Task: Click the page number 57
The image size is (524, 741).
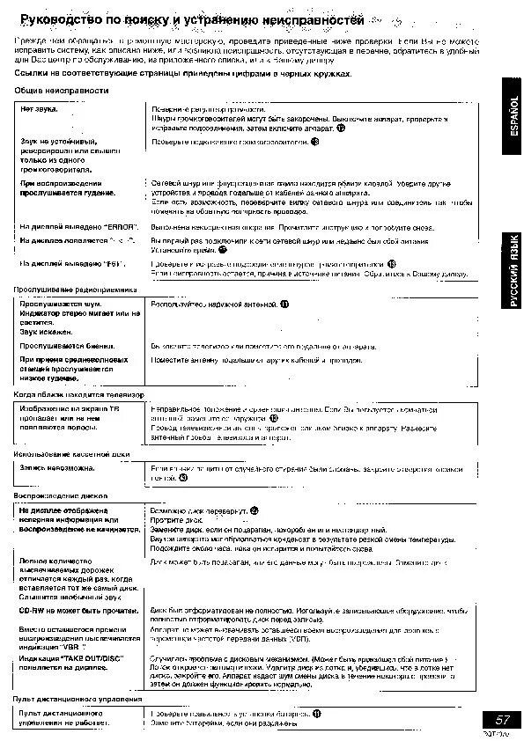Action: (502, 720)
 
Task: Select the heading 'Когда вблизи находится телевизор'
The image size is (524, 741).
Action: (79, 395)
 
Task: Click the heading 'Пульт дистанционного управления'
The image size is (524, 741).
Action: (72, 699)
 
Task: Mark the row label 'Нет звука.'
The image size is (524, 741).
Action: (39, 108)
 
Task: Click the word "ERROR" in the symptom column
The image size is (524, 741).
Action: (121, 227)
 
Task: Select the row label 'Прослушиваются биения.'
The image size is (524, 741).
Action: (62, 346)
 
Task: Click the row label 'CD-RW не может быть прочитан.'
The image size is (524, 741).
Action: (77, 610)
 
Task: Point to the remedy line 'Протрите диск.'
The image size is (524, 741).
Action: (177, 520)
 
